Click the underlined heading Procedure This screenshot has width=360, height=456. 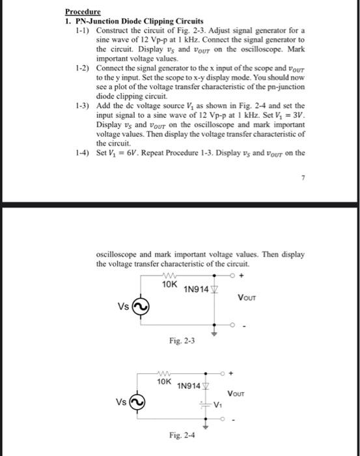(83, 12)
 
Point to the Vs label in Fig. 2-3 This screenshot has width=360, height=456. (123, 306)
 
